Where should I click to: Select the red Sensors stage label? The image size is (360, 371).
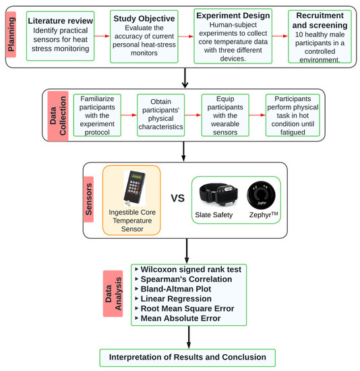93,199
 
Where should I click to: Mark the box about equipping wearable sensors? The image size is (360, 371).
228,116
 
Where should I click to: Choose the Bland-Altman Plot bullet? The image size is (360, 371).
176,289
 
